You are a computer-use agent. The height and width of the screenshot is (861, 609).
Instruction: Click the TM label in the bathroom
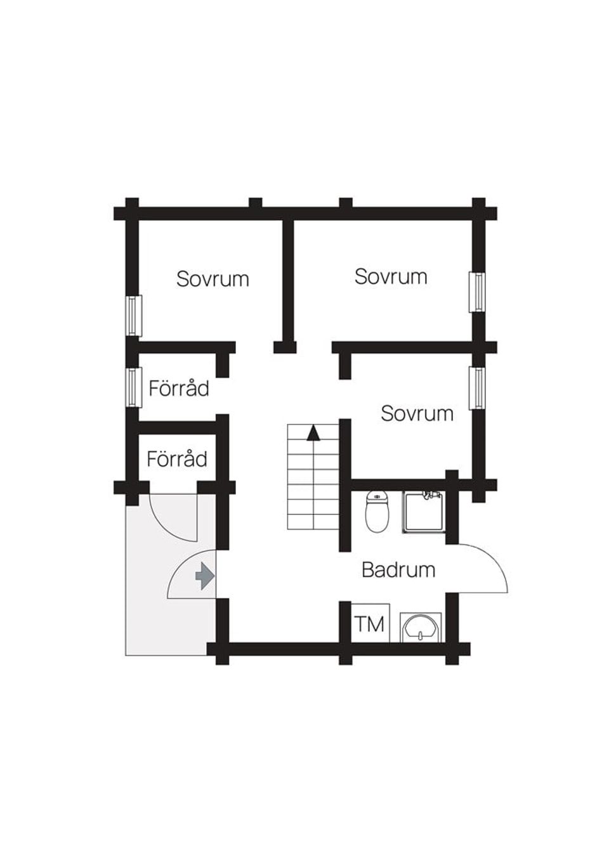point(369,624)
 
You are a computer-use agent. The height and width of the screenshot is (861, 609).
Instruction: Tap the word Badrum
point(398,569)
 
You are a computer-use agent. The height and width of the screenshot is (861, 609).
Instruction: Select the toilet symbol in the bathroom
point(377,512)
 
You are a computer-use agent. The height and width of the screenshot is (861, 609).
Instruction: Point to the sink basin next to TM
point(420,628)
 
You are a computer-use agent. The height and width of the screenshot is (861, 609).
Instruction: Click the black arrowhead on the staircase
point(313,433)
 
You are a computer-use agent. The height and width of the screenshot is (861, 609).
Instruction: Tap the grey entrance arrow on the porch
point(204,576)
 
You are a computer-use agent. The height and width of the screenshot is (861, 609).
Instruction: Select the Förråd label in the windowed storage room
point(179,388)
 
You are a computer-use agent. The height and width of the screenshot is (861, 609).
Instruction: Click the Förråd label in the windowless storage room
point(177,458)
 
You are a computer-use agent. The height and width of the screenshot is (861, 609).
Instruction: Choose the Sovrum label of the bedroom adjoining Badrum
point(417,413)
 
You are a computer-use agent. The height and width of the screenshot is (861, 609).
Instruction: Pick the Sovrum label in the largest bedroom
point(391,276)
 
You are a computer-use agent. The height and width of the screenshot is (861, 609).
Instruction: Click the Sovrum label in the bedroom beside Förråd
point(213,279)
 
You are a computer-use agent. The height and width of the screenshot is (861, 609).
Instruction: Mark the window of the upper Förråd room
point(132,387)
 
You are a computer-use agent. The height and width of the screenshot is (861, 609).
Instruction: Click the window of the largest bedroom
point(477,292)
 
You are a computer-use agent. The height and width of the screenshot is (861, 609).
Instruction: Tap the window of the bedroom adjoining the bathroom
point(477,388)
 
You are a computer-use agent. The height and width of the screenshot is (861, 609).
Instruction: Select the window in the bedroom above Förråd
point(132,316)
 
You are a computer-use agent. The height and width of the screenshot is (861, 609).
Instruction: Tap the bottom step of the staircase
point(313,522)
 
